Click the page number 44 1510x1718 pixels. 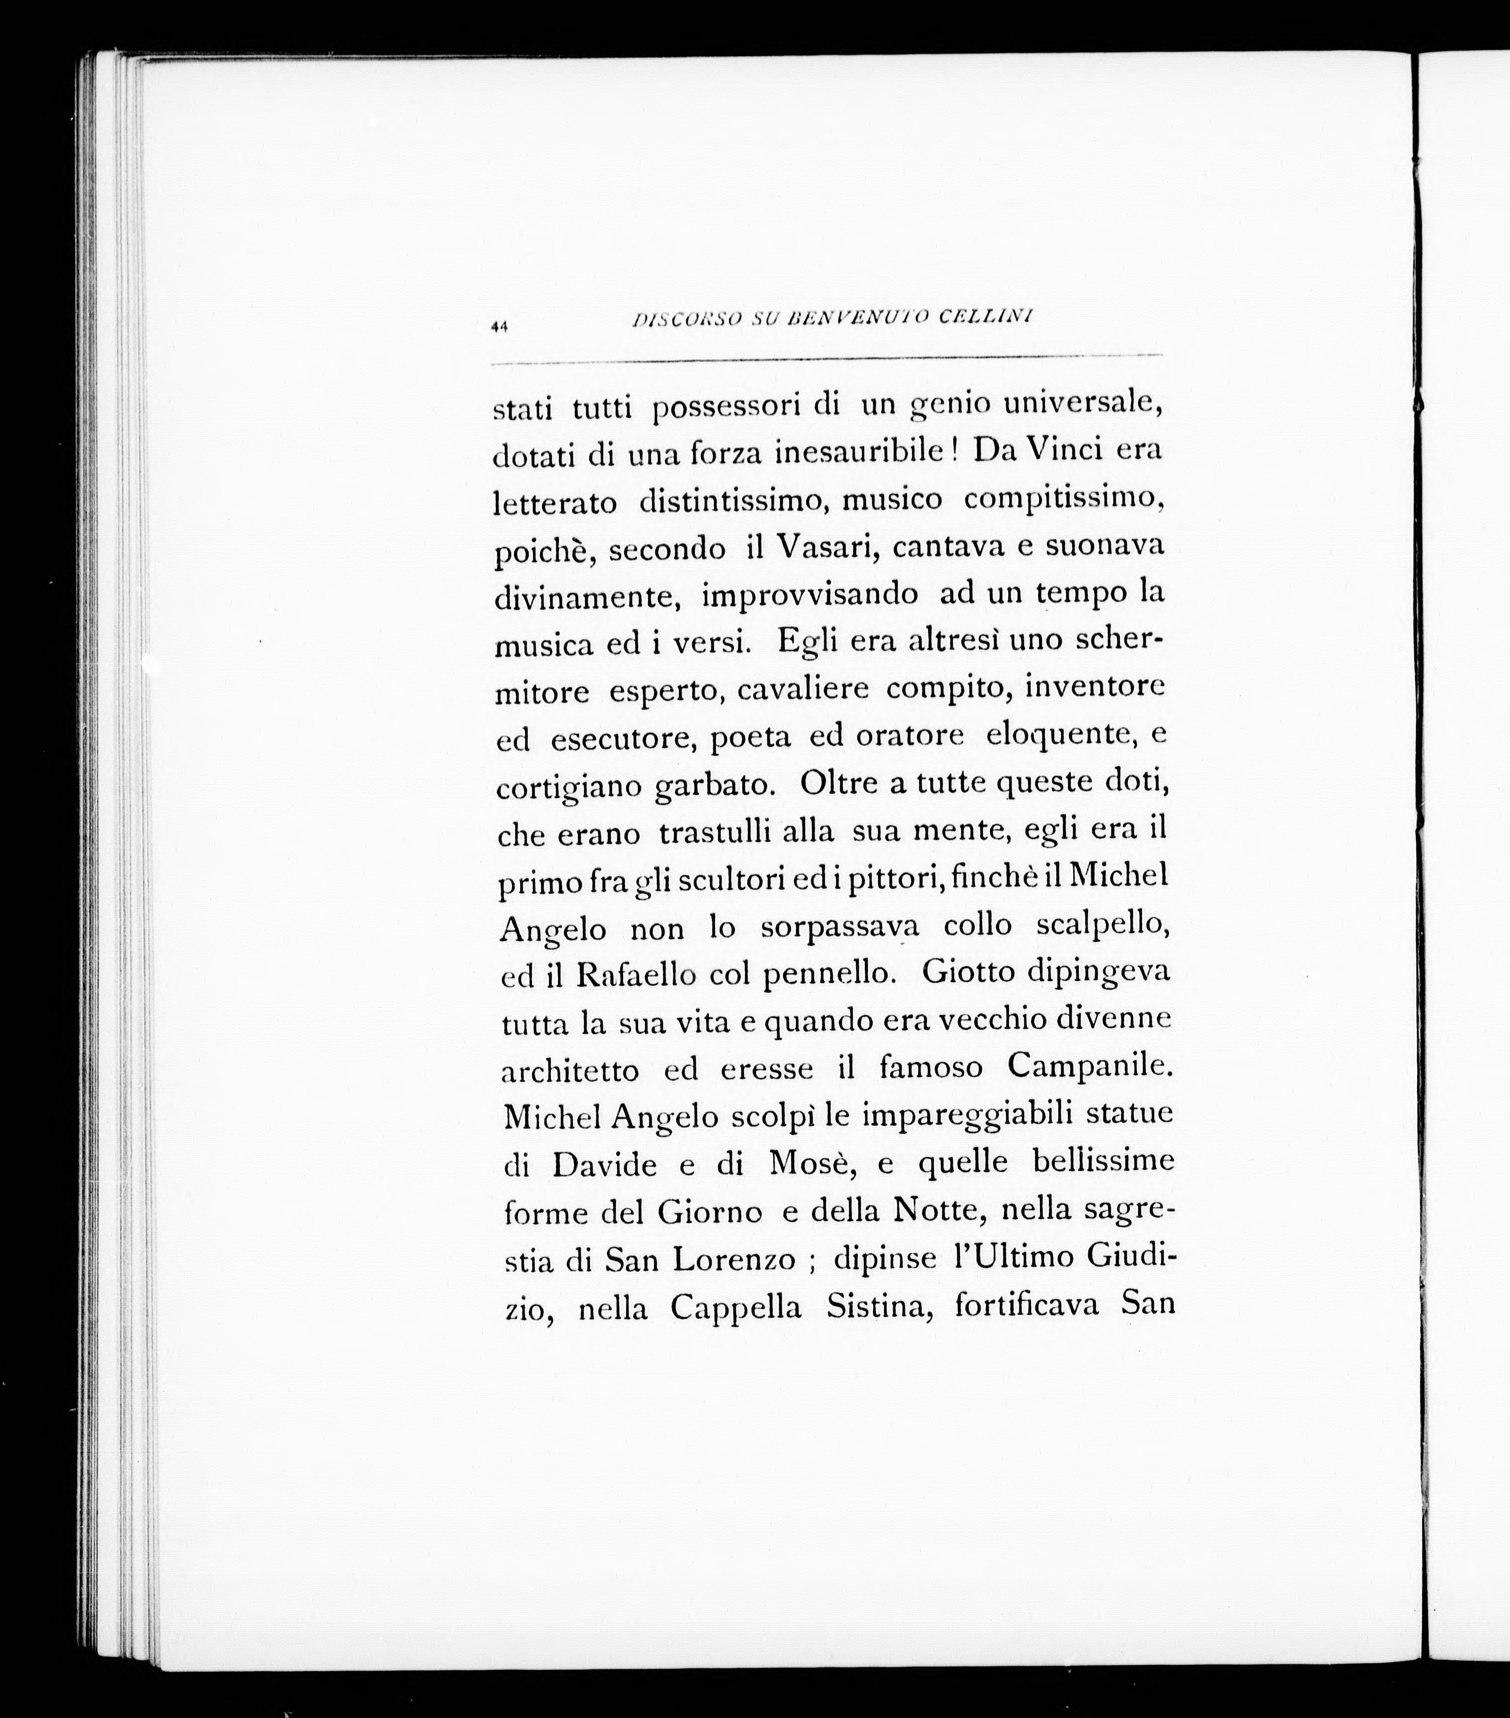click(x=501, y=328)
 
